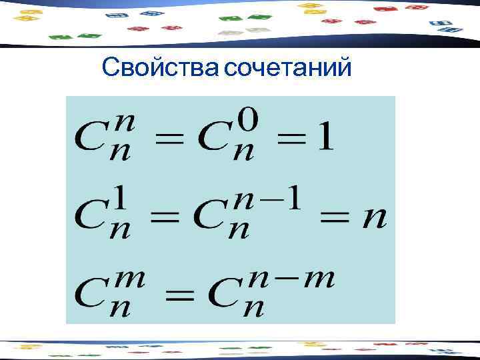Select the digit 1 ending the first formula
325,137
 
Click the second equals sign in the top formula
291,141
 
